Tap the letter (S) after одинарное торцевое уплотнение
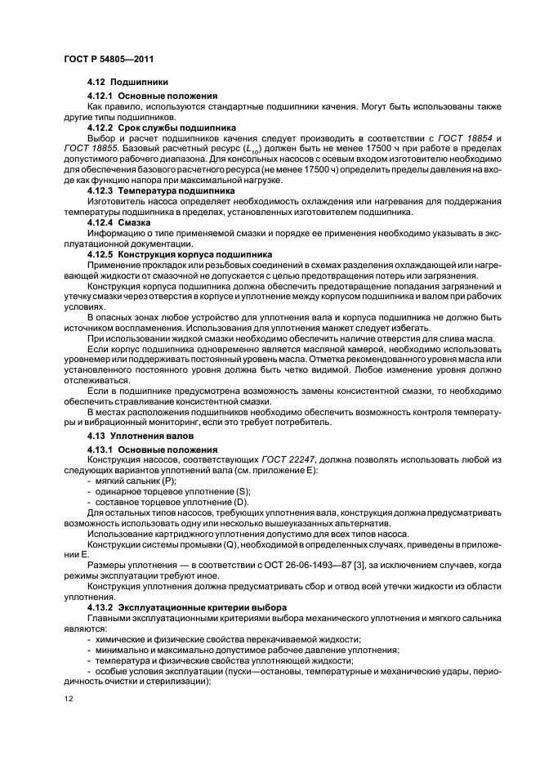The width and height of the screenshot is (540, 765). tap(243, 490)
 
